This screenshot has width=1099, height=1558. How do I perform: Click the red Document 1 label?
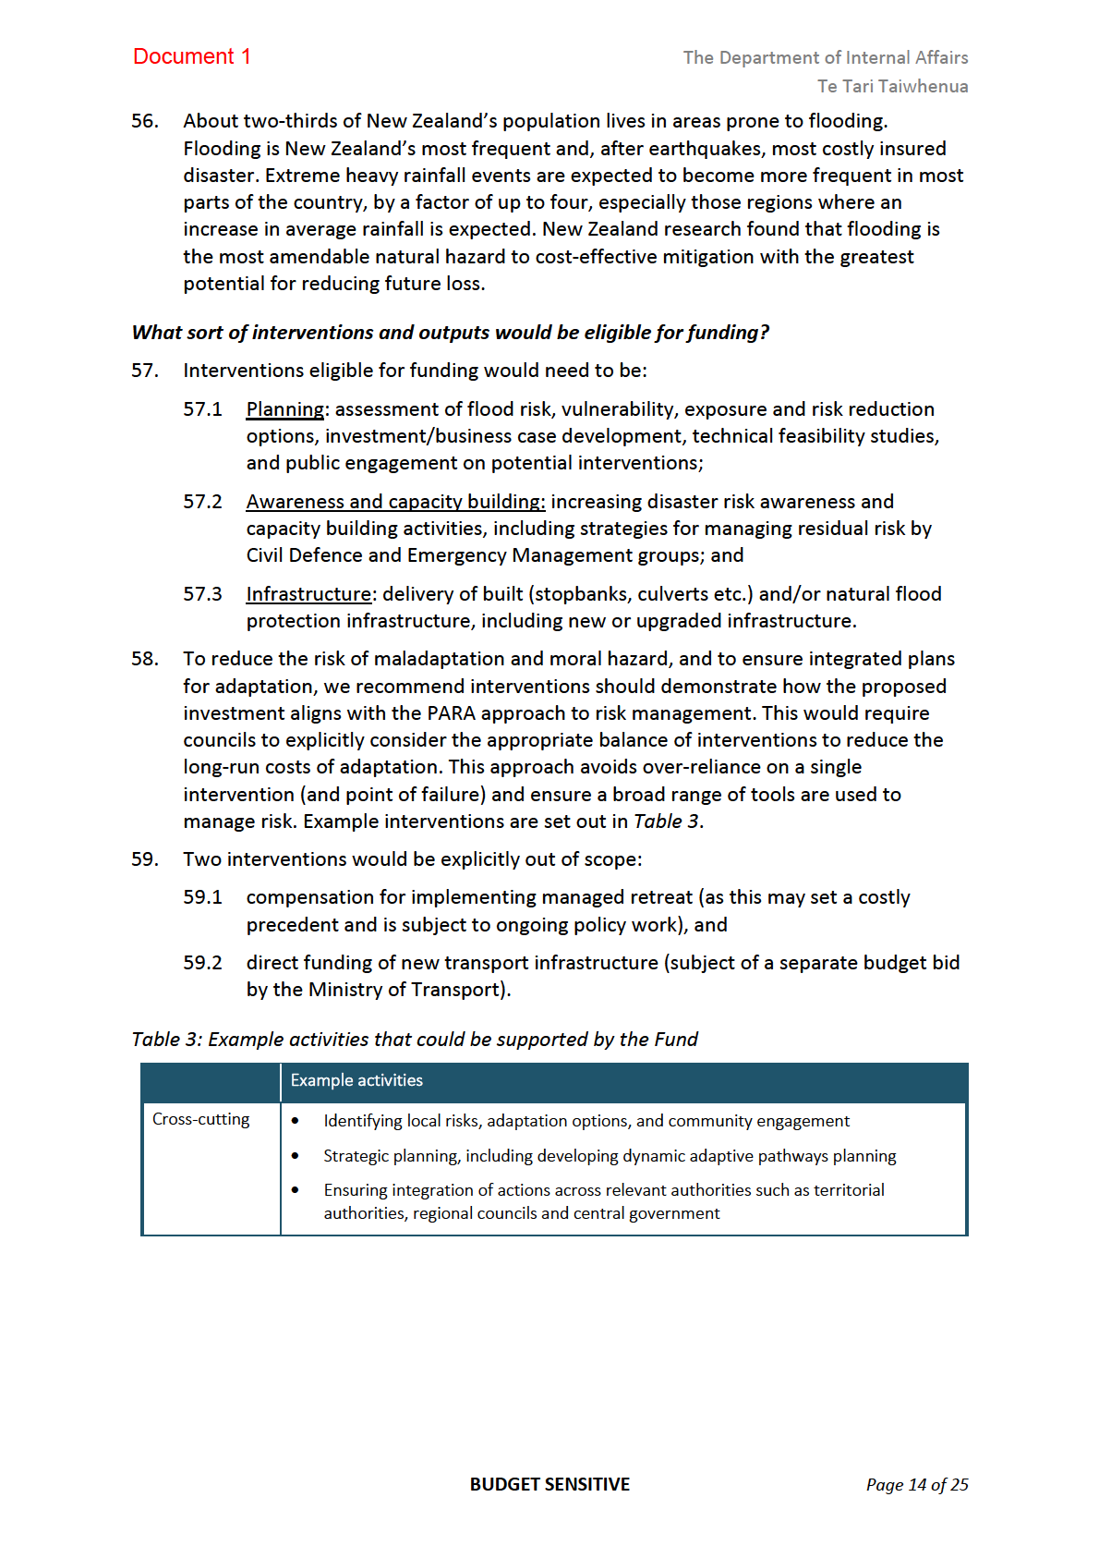[x=191, y=56]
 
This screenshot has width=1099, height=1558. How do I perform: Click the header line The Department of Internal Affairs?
[x=825, y=57]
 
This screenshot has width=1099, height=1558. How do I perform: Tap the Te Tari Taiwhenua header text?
[x=892, y=86]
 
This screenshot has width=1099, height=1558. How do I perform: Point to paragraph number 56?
[x=145, y=121]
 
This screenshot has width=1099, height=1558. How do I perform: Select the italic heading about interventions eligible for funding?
[x=450, y=333]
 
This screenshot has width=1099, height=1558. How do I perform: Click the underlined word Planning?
[x=285, y=409]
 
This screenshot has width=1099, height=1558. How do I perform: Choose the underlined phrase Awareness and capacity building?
[x=395, y=502]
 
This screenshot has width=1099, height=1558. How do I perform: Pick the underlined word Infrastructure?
[x=308, y=594]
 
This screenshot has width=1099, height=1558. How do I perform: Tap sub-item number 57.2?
[x=202, y=502]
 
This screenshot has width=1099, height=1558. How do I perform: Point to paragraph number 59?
[x=145, y=859]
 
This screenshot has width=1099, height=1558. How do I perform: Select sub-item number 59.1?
[x=202, y=897]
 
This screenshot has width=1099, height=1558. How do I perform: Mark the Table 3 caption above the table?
[x=415, y=1040]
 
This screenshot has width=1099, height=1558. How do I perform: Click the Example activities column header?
[x=356, y=1080]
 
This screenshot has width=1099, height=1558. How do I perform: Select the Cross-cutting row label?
[x=200, y=1119]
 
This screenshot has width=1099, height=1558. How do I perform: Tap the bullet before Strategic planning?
[x=296, y=1156]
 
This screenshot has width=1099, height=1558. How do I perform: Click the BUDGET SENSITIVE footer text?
[x=549, y=1484]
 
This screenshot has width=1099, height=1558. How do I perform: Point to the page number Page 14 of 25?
[x=916, y=1485]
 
